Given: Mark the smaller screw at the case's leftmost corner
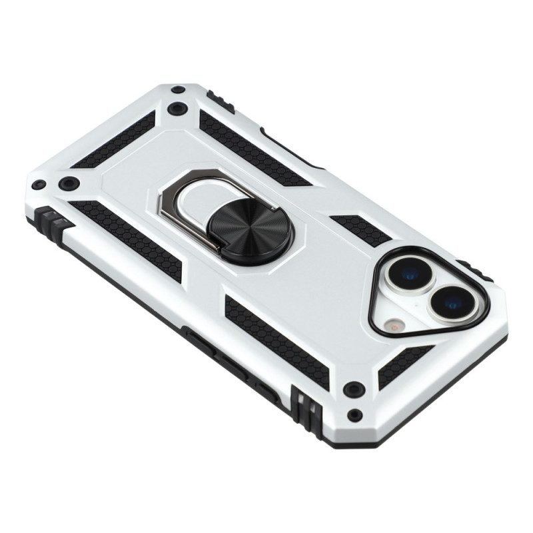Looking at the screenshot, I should pyautogui.click(x=39, y=185).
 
